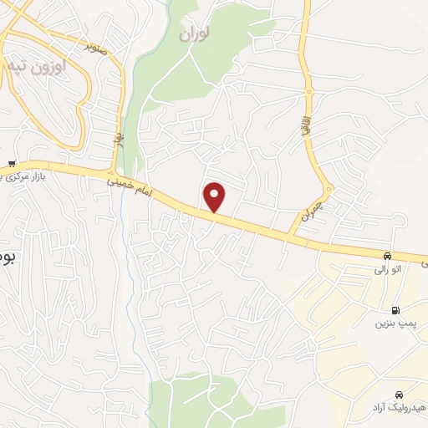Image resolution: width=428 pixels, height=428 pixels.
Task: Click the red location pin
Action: [215, 196]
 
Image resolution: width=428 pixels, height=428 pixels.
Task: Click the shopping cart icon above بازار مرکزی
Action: [10, 163]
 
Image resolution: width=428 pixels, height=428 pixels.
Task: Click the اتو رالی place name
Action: [385, 271]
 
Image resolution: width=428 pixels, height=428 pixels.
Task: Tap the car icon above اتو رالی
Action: [386, 256]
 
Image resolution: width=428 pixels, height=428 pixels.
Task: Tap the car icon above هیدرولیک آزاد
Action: [399, 393]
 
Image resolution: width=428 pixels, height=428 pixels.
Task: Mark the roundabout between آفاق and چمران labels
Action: [326, 186]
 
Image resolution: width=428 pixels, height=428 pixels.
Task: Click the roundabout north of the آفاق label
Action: [308, 89]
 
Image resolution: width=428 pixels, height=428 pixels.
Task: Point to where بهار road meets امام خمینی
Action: [117, 171]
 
